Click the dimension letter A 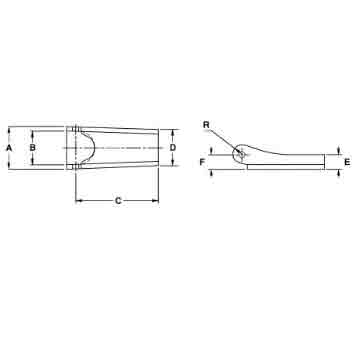click(9, 148)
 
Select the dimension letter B click(32, 148)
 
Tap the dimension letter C click(118, 201)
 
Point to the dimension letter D click(173, 148)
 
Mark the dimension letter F click(203, 160)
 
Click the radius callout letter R click(205, 125)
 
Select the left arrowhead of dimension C click(79, 201)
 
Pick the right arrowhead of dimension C click(157, 201)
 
